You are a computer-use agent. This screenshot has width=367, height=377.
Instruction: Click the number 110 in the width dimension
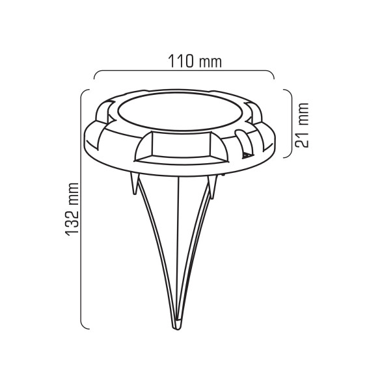pos(180,61)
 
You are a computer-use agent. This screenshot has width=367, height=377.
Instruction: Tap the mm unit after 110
pos(210,62)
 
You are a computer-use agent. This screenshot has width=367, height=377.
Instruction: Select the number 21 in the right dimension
pos(302,140)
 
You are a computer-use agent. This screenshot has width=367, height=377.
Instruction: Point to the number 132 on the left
pos(72,222)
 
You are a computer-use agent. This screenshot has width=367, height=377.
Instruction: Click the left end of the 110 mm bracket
pos(94,79)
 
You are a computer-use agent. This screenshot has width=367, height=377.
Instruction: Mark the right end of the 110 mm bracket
pos(274,79)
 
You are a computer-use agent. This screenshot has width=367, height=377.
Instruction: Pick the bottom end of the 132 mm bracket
pos(89,329)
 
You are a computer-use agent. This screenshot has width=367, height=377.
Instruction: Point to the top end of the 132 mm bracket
pos(89,90)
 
